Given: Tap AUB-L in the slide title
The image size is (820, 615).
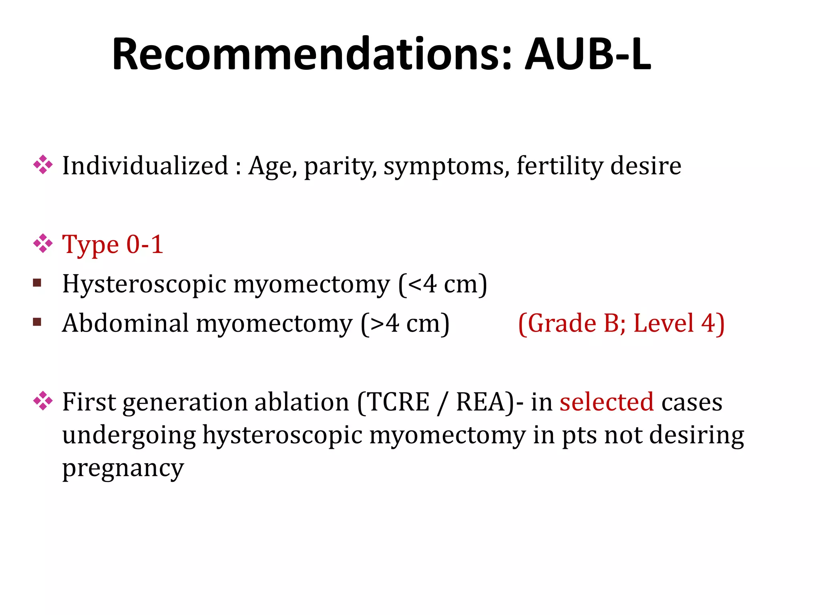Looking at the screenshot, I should point(587,54).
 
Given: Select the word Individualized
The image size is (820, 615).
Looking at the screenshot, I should point(145,166).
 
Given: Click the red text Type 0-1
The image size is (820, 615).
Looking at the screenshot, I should point(113,245).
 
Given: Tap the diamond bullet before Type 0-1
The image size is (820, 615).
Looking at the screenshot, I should point(43,244).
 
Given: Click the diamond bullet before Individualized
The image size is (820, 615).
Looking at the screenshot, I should point(43,165).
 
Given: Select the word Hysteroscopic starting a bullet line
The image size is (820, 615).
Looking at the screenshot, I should point(144,284).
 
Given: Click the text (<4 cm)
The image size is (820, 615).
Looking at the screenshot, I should point(442,284).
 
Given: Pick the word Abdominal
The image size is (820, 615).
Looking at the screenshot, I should point(125,323).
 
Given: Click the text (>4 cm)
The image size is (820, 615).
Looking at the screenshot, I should point(405,324).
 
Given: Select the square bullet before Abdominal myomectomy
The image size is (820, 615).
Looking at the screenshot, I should point(37,322).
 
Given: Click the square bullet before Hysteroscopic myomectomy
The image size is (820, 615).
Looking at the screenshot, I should point(37,283).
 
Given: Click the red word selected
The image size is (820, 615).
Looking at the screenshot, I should point(606,402).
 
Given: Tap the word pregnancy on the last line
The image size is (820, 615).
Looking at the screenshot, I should point(123,468).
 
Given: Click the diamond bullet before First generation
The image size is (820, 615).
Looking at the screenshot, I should point(43,401).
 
